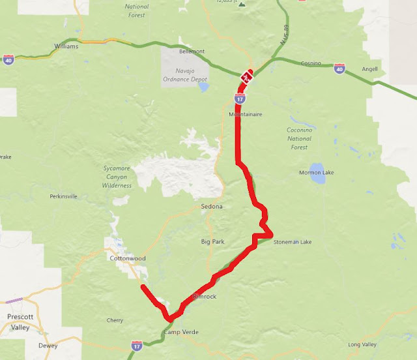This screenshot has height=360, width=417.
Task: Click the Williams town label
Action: pos(67,47)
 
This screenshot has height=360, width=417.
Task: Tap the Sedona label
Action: pos(212,207)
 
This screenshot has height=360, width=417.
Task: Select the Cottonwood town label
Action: pos(127,258)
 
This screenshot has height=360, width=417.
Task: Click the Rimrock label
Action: pos(204,297)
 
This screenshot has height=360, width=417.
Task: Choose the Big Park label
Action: pos(213,242)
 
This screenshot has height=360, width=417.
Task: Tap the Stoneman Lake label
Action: pos(293,242)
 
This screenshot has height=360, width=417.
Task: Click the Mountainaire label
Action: pos(245,113)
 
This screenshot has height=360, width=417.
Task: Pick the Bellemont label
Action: pos(192,51)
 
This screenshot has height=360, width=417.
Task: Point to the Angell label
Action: pos(370,68)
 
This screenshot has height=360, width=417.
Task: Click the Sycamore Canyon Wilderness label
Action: pos(117,177)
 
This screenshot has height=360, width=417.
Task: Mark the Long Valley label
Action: pos(363,344)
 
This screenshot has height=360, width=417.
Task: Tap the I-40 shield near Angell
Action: pos(339,67)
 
